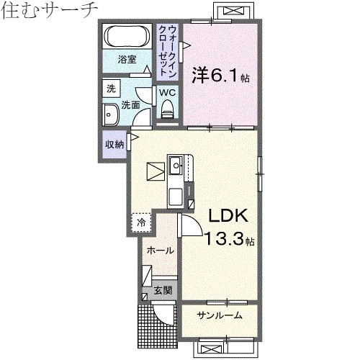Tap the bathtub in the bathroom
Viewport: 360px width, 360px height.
click(x=128, y=36)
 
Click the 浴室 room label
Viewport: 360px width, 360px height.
click(x=127, y=60)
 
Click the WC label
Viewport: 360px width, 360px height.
click(x=166, y=92)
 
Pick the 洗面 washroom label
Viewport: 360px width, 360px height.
click(x=130, y=104)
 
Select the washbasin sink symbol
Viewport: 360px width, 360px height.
click(x=112, y=114)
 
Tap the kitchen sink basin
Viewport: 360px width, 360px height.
click(x=176, y=166)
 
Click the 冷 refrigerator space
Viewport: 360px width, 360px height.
click(x=141, y=222)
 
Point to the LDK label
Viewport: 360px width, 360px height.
click(x=228, y=215)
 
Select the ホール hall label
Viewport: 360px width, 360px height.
click(x=159, y=251)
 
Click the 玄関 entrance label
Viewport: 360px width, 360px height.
click(x=163, y=291)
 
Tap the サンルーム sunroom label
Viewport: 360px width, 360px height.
click(x=219, y=315)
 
